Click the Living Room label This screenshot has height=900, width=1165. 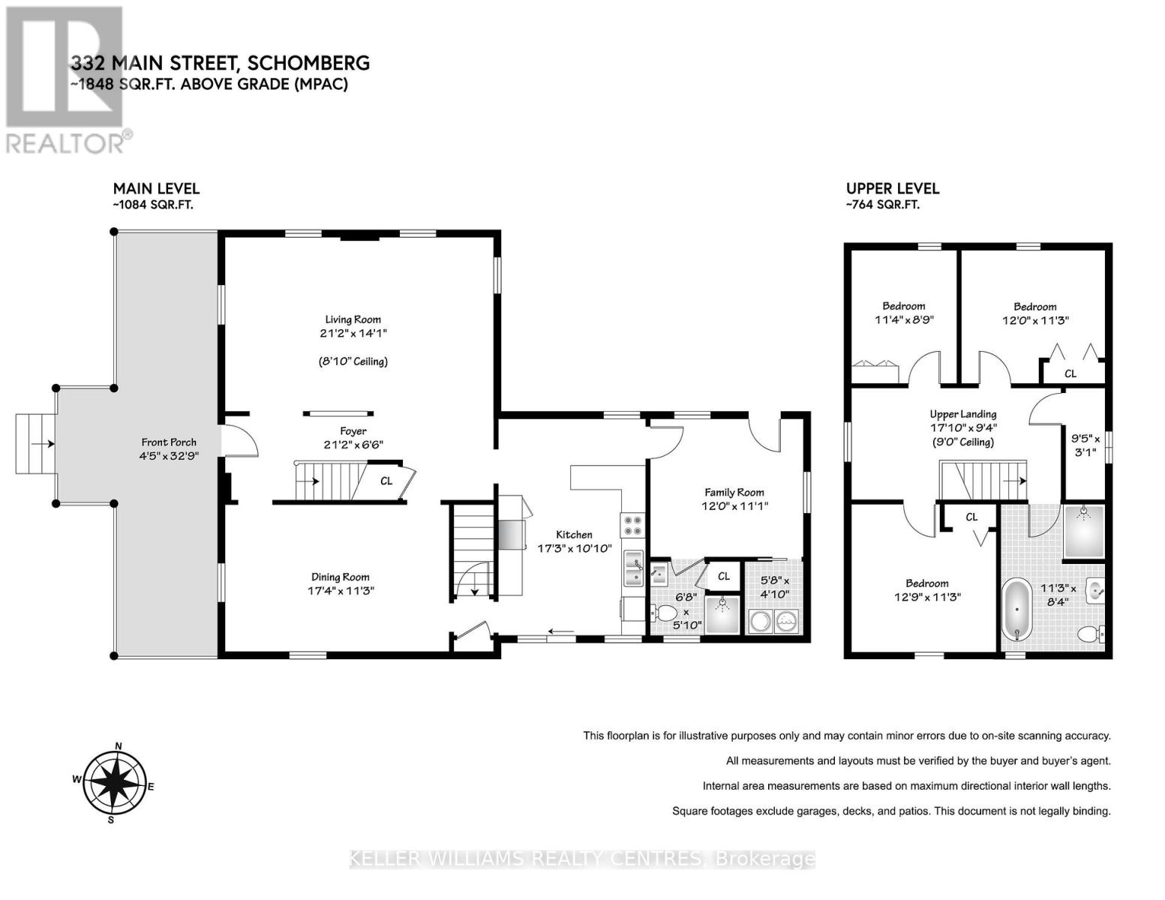click(353, 319)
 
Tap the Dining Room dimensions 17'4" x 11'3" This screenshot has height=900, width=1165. click(341, 591)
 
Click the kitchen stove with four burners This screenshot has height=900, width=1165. click(632, 523)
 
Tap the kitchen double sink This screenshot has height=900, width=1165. click(633, 567)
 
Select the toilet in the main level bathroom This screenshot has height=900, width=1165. click(664, 613)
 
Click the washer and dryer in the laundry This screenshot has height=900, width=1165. click(773, 621)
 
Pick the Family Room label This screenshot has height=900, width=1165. click(734, 493)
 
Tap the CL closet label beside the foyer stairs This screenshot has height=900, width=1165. click(386, 481)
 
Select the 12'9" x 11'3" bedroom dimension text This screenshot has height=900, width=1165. click(927, 598)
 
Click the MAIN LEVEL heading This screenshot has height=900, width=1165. click(156, 189)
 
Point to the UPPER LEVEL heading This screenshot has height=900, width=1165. click(893, 189)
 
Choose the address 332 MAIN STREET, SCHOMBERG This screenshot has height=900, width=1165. click(220, 63)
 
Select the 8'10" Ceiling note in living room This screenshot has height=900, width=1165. click(353, 361)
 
